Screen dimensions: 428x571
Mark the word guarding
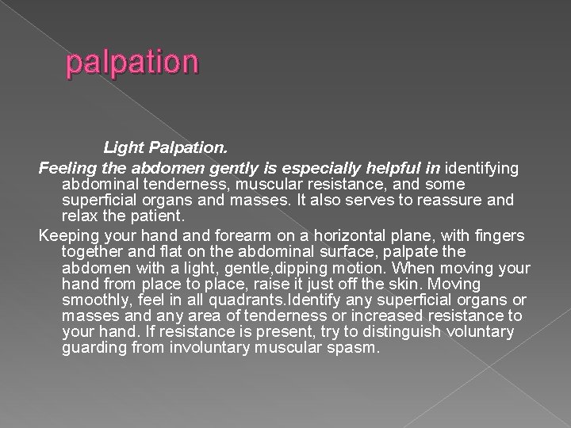click(x=92, y=347)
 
